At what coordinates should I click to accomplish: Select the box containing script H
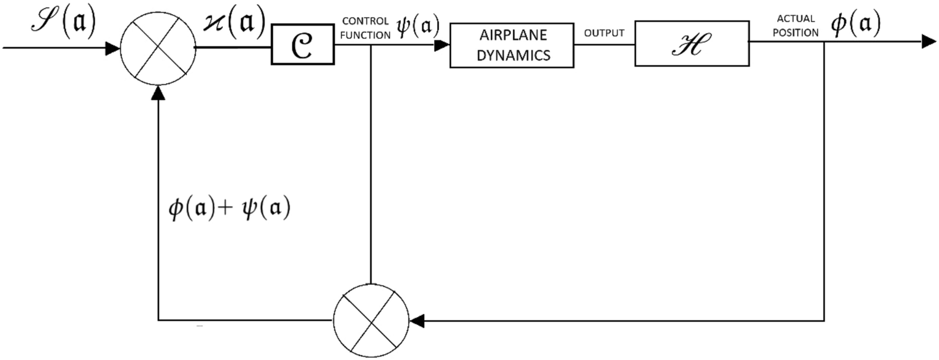click(690, 43)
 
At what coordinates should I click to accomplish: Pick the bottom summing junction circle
click(371, 320)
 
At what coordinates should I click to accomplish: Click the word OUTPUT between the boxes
click(604, 33)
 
